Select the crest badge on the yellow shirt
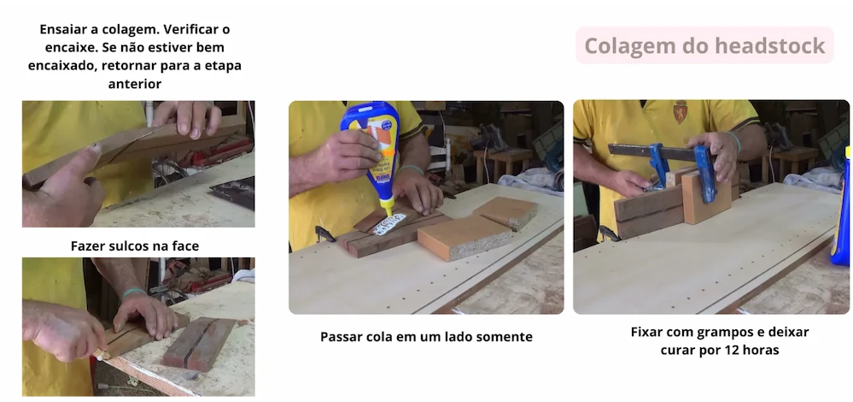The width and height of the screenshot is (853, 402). click(680, 112)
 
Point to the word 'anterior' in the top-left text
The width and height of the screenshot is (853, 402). click(135, 84)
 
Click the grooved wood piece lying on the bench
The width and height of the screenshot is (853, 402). click(198, 342)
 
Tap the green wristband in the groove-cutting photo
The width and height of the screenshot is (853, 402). click(134, 293)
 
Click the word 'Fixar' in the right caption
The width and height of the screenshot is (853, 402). click(648, 331)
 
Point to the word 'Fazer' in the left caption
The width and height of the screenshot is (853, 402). click(88, 246)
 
